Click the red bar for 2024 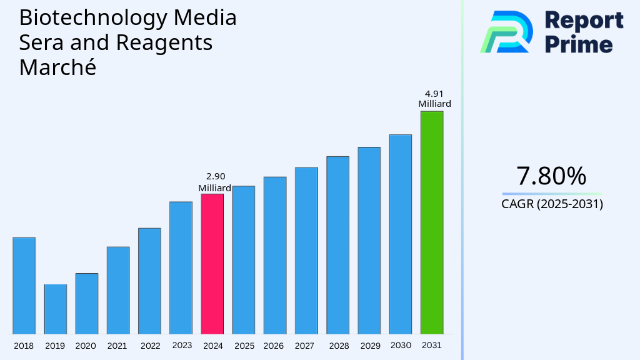point(212,264)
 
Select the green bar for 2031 point(431,222)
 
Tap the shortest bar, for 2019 point(56,309)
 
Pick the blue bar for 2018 point(24,286)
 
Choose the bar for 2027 point(306,251)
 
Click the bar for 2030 point(401,234)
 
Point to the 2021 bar point(118,291)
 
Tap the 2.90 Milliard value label point(214,182)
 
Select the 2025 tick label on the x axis point(244,346)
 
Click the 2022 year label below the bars point(150,346)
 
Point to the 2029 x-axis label point(369,346)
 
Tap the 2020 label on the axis point(86,346)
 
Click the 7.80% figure point(551,176)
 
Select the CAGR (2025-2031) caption point(552,204)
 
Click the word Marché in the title point(57,67)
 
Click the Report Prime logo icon point(507,32)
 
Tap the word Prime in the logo point(579,44)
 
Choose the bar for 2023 point(181,267)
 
